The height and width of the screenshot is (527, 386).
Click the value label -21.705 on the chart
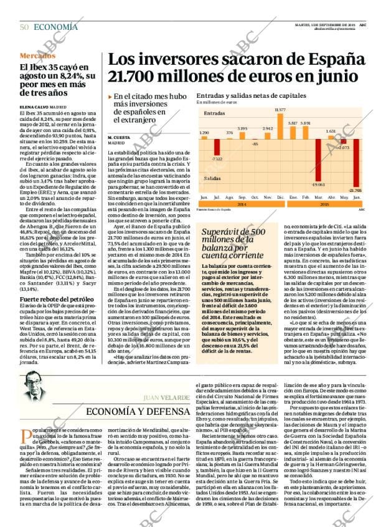(x=355, y=190)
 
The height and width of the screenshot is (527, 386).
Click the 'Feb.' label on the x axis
(x=306, y=197)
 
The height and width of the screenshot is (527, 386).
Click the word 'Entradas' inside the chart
(x=214, y=113)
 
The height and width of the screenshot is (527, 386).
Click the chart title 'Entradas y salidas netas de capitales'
(x=251, y=96)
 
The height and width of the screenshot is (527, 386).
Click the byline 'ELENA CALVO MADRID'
(x=43, y=107)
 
